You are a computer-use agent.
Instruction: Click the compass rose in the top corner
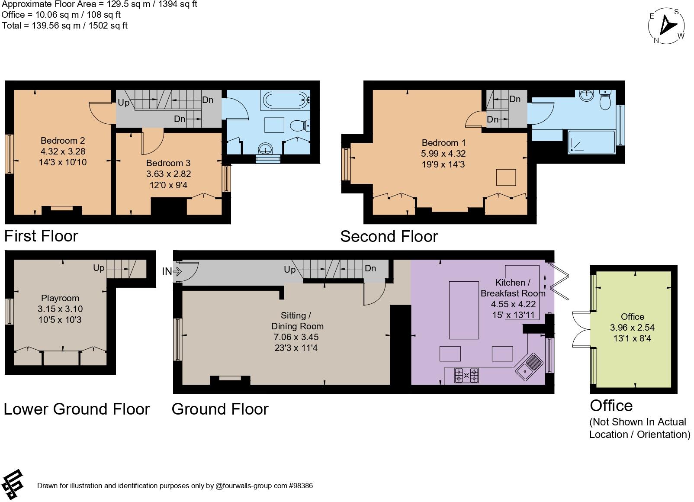[667, 26]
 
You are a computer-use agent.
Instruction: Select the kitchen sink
[529, 366]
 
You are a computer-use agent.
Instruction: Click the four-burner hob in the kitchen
[466, 375]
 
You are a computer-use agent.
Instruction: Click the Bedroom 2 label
[63, 141]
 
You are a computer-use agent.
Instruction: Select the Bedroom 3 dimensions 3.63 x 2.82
[168, 174]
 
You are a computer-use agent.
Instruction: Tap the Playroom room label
[60, 298]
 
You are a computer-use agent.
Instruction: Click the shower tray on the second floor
[591, 142]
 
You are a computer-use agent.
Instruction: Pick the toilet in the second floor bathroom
[605, 101]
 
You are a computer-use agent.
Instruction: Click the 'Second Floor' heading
[389, 236]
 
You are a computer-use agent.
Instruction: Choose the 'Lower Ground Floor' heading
[77, 409]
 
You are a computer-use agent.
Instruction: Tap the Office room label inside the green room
[632, 317]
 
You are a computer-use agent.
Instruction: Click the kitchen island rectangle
[464, 310]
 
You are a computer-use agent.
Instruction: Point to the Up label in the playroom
[99, 268]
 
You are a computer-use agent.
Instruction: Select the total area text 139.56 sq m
[64, 26]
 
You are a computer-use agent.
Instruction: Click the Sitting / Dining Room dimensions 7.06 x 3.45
[296, 337]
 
